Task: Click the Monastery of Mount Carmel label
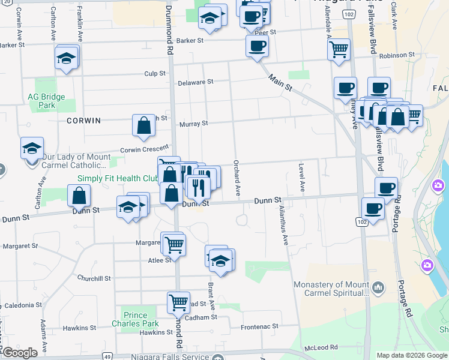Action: [x=331, y=289]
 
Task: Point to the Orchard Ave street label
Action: [x=237, y=178]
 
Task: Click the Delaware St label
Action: [x=196, y=82]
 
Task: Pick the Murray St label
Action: [x=193, y=124]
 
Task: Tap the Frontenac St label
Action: [x=259, y=326]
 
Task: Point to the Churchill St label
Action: [x=94, y=278]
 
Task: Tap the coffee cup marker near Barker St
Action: [x=257, y=46]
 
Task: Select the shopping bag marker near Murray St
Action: [x=144, y=125]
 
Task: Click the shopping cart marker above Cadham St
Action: [x=178, y=302]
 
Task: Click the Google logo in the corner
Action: [x=20, y=353]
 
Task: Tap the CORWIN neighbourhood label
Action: [x=84, y=121]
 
